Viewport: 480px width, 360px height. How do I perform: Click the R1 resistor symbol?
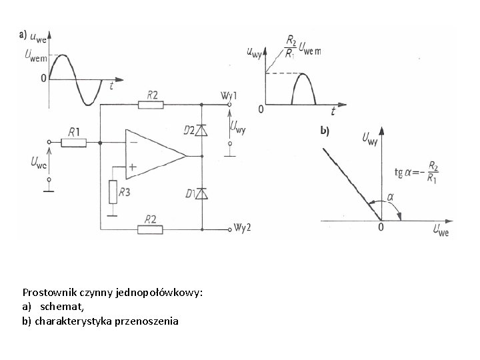click(74, 142)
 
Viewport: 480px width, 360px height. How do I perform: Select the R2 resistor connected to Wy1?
click(151, 104)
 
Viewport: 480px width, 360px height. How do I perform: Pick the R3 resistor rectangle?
click(113, 192)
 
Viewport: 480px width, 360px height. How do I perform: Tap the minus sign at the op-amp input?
click(133, 141)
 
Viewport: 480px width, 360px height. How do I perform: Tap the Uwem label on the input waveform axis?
click(35, 58)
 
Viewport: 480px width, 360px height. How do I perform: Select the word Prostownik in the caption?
click(47, 293)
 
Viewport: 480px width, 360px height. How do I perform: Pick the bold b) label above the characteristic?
click(324, 131)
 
